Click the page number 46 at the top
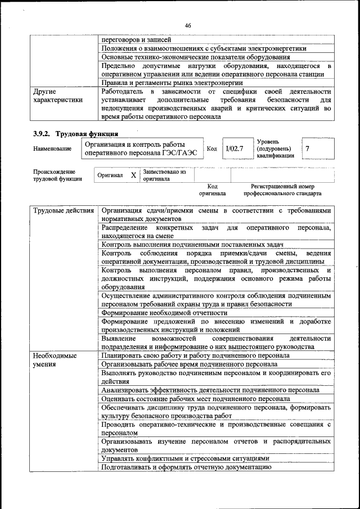[x=188, y=25]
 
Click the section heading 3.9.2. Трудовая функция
[x=75, y=133]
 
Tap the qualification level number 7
[x=307, y=148]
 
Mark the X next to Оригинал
[x=133, y=175]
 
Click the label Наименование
[x=52, y=149]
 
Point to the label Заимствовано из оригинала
[x=164, y=175]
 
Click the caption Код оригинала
[x=212, y=190]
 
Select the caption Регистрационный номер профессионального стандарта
[x=282, y=190]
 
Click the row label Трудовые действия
[x=63, y=211]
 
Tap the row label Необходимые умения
[x=55, y=360]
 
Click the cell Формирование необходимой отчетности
[x=164, y=312]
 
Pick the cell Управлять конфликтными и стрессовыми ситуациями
[x=185, y=458]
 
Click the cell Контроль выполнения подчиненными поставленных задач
[x=192, y=245]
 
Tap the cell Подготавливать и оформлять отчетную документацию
[x=183, y=467]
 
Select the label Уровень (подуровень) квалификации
[x=276, y=148]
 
